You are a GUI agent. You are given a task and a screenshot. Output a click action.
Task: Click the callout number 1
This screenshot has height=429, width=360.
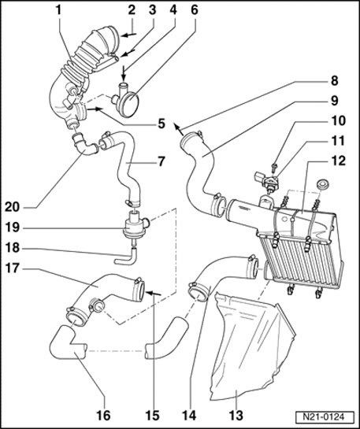tap(58, 10)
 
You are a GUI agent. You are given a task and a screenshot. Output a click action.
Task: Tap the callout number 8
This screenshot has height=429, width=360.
tap(335, 81)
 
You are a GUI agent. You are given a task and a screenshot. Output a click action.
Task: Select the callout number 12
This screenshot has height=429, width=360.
tap(339, 161)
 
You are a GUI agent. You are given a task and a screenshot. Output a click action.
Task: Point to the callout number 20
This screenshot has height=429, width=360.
tap(13, 207)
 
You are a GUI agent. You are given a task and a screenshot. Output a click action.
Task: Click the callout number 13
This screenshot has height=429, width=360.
tap(236, 415)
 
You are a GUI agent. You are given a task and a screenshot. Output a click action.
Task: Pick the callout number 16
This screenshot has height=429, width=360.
tap(103, 415)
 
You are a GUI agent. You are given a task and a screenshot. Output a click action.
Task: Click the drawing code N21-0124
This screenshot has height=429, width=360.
tap(324, 417)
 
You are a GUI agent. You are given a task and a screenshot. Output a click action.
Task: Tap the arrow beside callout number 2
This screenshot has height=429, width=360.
tap(128, 35)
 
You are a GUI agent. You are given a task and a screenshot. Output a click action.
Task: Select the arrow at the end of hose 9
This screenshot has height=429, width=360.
tap(178, 129)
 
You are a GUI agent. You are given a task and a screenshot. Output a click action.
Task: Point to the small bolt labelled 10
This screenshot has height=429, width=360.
tap(274, 167)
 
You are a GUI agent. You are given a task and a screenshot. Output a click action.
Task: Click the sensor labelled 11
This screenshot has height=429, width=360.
tap(266, 180)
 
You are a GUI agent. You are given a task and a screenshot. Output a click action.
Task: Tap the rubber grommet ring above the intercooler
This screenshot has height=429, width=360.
tap(322, 183)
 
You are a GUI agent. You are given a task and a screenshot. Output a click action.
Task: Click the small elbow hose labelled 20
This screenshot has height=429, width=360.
tap(84, 144)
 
